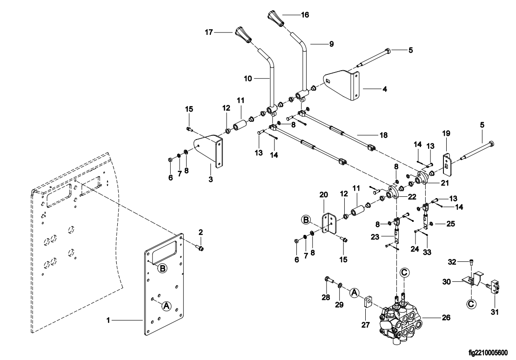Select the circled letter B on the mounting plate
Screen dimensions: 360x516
(162, 268)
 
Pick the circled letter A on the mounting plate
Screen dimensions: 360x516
(167, 306)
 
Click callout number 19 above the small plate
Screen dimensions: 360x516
(446, 133)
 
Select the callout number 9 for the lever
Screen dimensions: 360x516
(331, 44)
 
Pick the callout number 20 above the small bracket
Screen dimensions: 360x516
(325, 194)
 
